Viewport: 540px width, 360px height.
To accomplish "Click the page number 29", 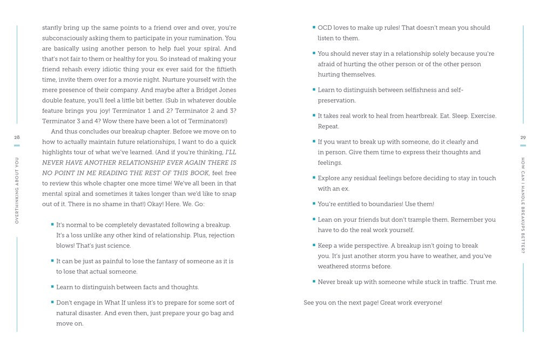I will pyautogui.click(x=523, y=138).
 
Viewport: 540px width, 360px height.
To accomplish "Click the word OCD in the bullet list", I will pyautogui.click(x=325, y=28).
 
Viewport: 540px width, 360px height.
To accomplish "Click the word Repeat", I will pyautogui.click(x=328, y=126).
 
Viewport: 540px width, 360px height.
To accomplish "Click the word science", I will pyautogui.click(x=119, y=246).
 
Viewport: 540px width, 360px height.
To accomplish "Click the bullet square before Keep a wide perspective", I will pyautogui.click(x=314, y=246).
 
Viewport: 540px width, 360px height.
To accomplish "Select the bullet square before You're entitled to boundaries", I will pyautogui.click(x=314, y=204).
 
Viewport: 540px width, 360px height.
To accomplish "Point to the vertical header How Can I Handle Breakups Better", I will pyautogui.click(x=523, y=205).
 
